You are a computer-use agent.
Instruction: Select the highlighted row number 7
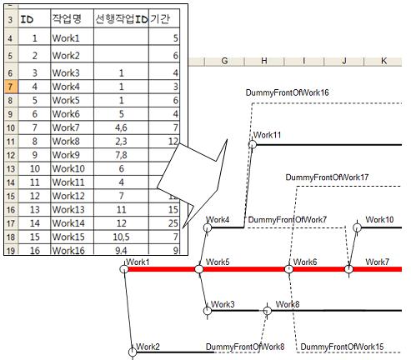[x=11, y=87]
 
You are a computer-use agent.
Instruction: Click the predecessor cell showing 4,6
[x=121, y=127]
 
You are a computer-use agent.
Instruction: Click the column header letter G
[x=224, y=61]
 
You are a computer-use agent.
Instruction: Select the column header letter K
[x=383, y=61]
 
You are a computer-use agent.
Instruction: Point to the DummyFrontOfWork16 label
[x=287, y=92]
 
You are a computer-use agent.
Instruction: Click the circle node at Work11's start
[x=253, y=144]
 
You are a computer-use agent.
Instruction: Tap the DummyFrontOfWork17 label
[x=327, y=177]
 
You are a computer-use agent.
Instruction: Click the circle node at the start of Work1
[x=124, y=269]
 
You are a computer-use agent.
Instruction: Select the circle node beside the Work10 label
[x=357, y=227]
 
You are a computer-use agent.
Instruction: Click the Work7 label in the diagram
[x=377, y=262]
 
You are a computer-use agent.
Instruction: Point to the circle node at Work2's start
[x=133, y=352]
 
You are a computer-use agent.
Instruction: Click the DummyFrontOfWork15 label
[x=342, y=347]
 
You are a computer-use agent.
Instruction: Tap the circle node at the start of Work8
[x=267, y=310]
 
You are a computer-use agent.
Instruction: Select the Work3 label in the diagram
[x=223, y=304]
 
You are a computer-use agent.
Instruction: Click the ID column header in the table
[x=27, y=19]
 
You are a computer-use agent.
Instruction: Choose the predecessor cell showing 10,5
[x=121, y=237]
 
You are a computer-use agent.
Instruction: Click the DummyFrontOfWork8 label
[x=245, y=347]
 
